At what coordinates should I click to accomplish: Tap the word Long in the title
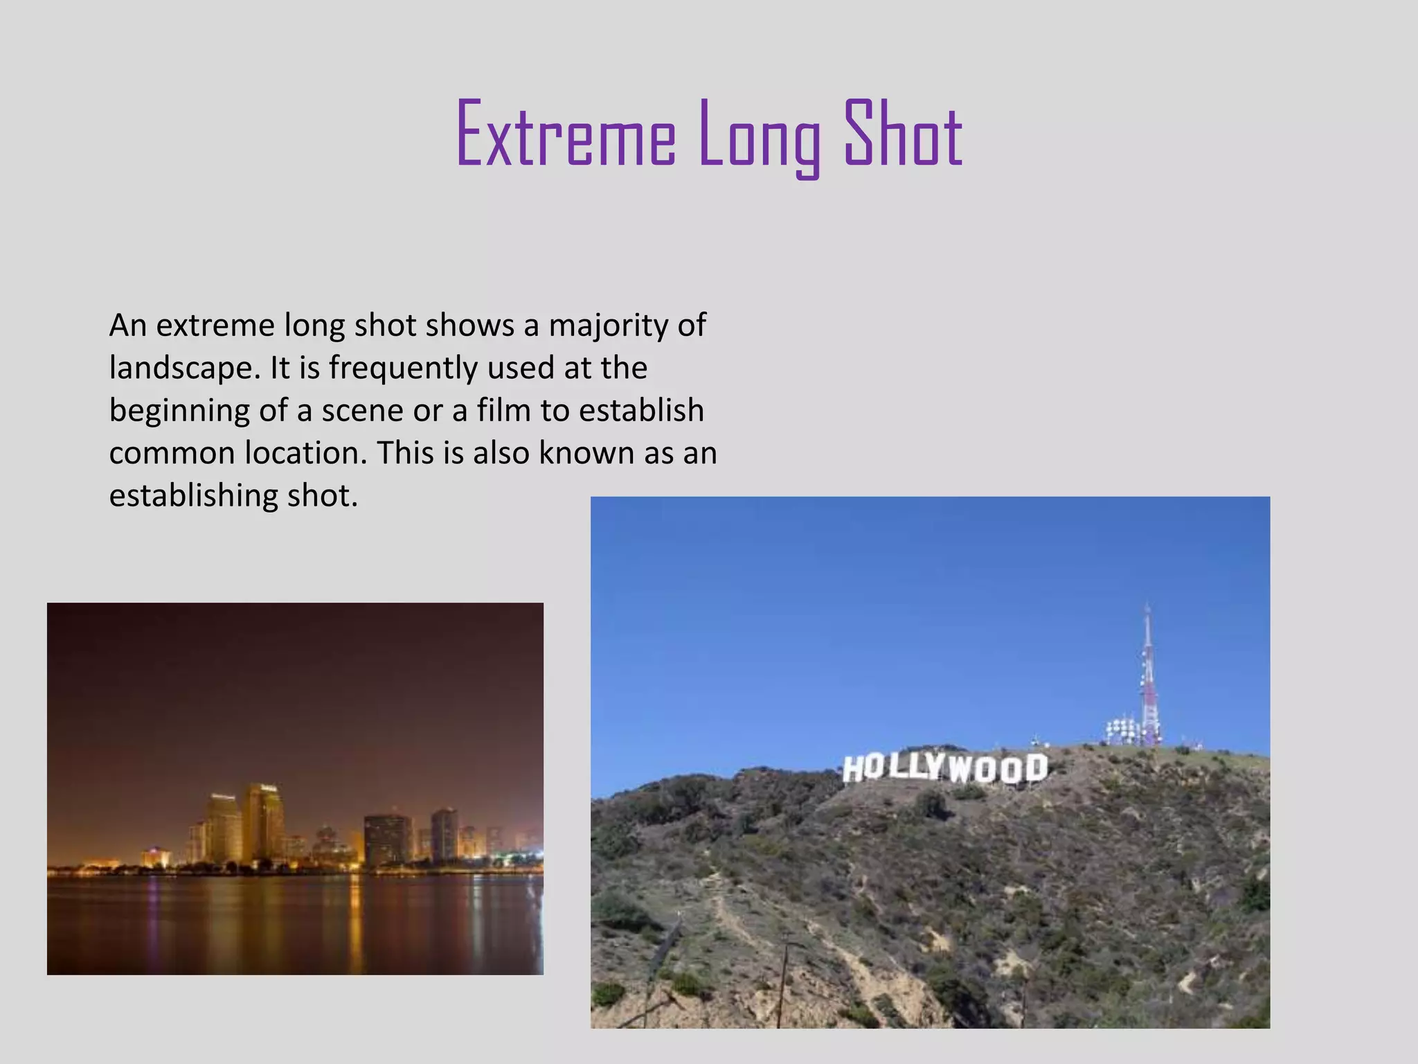click(760, 136)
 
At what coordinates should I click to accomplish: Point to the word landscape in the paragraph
click(183, 368)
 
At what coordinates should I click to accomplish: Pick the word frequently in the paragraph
click(404, 368)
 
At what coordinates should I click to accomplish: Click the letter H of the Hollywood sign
click(853, 769)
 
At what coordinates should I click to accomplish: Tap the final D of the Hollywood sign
click(1036, 768)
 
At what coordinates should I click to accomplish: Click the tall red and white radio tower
click(1148, 679)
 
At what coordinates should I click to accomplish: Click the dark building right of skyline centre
click(386, 839)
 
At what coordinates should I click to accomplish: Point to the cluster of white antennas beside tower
click(1122, 731)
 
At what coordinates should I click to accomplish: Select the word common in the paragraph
click(172, 453)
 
